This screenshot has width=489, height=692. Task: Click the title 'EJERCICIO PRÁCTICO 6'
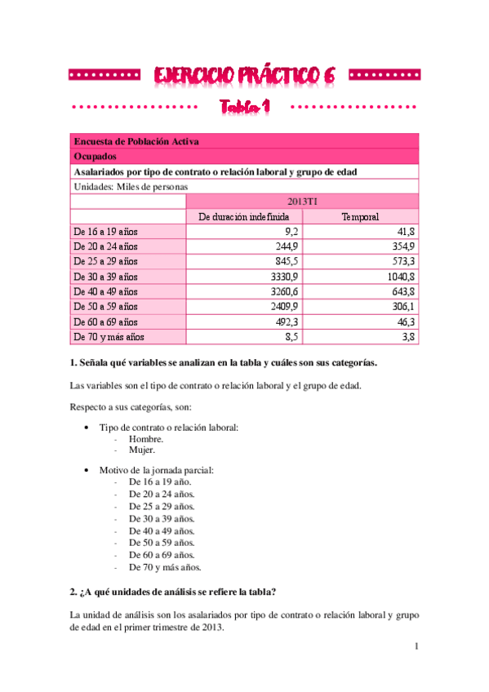tap(244, 75)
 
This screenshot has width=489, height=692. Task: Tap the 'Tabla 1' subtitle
tap(244, 108)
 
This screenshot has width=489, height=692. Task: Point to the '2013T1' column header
tap(302, 201)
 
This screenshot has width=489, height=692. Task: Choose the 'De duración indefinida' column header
tap(244, 216)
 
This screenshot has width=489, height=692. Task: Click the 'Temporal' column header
tap(360, 216)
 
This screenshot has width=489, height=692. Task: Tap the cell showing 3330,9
tap(283, 276)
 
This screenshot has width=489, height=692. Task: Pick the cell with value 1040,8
tap(398, 276)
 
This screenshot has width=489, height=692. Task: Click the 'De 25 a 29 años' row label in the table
tap(106, 261)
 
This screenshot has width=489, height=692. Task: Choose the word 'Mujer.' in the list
tap(143, 449)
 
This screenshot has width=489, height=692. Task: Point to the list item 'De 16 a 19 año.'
tap(160, 482)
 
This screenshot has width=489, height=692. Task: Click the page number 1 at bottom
tap(416, 647)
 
